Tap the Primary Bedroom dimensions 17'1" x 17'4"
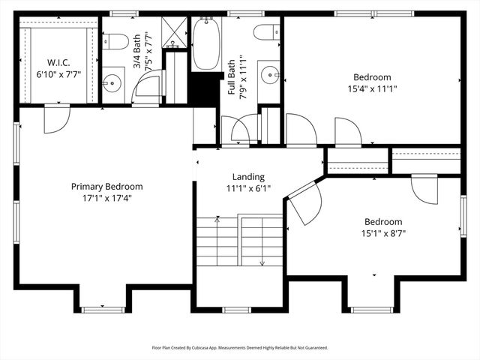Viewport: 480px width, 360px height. (x=106, y=199)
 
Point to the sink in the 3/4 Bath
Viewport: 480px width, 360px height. (x=112, y=82)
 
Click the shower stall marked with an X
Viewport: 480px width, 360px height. (x=175, y=31)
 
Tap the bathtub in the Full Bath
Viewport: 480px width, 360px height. (x=205, y=44)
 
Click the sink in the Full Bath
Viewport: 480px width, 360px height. (x=269, y=75)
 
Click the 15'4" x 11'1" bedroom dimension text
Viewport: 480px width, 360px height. (x=372, y=88)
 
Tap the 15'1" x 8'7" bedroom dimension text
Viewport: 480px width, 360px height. (x=383, y=233)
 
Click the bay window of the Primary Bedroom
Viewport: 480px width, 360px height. (x=103, y=308)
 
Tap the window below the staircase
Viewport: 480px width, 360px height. (x=239, y=308)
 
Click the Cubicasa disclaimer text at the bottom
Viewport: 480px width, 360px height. (x=239, y=348)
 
